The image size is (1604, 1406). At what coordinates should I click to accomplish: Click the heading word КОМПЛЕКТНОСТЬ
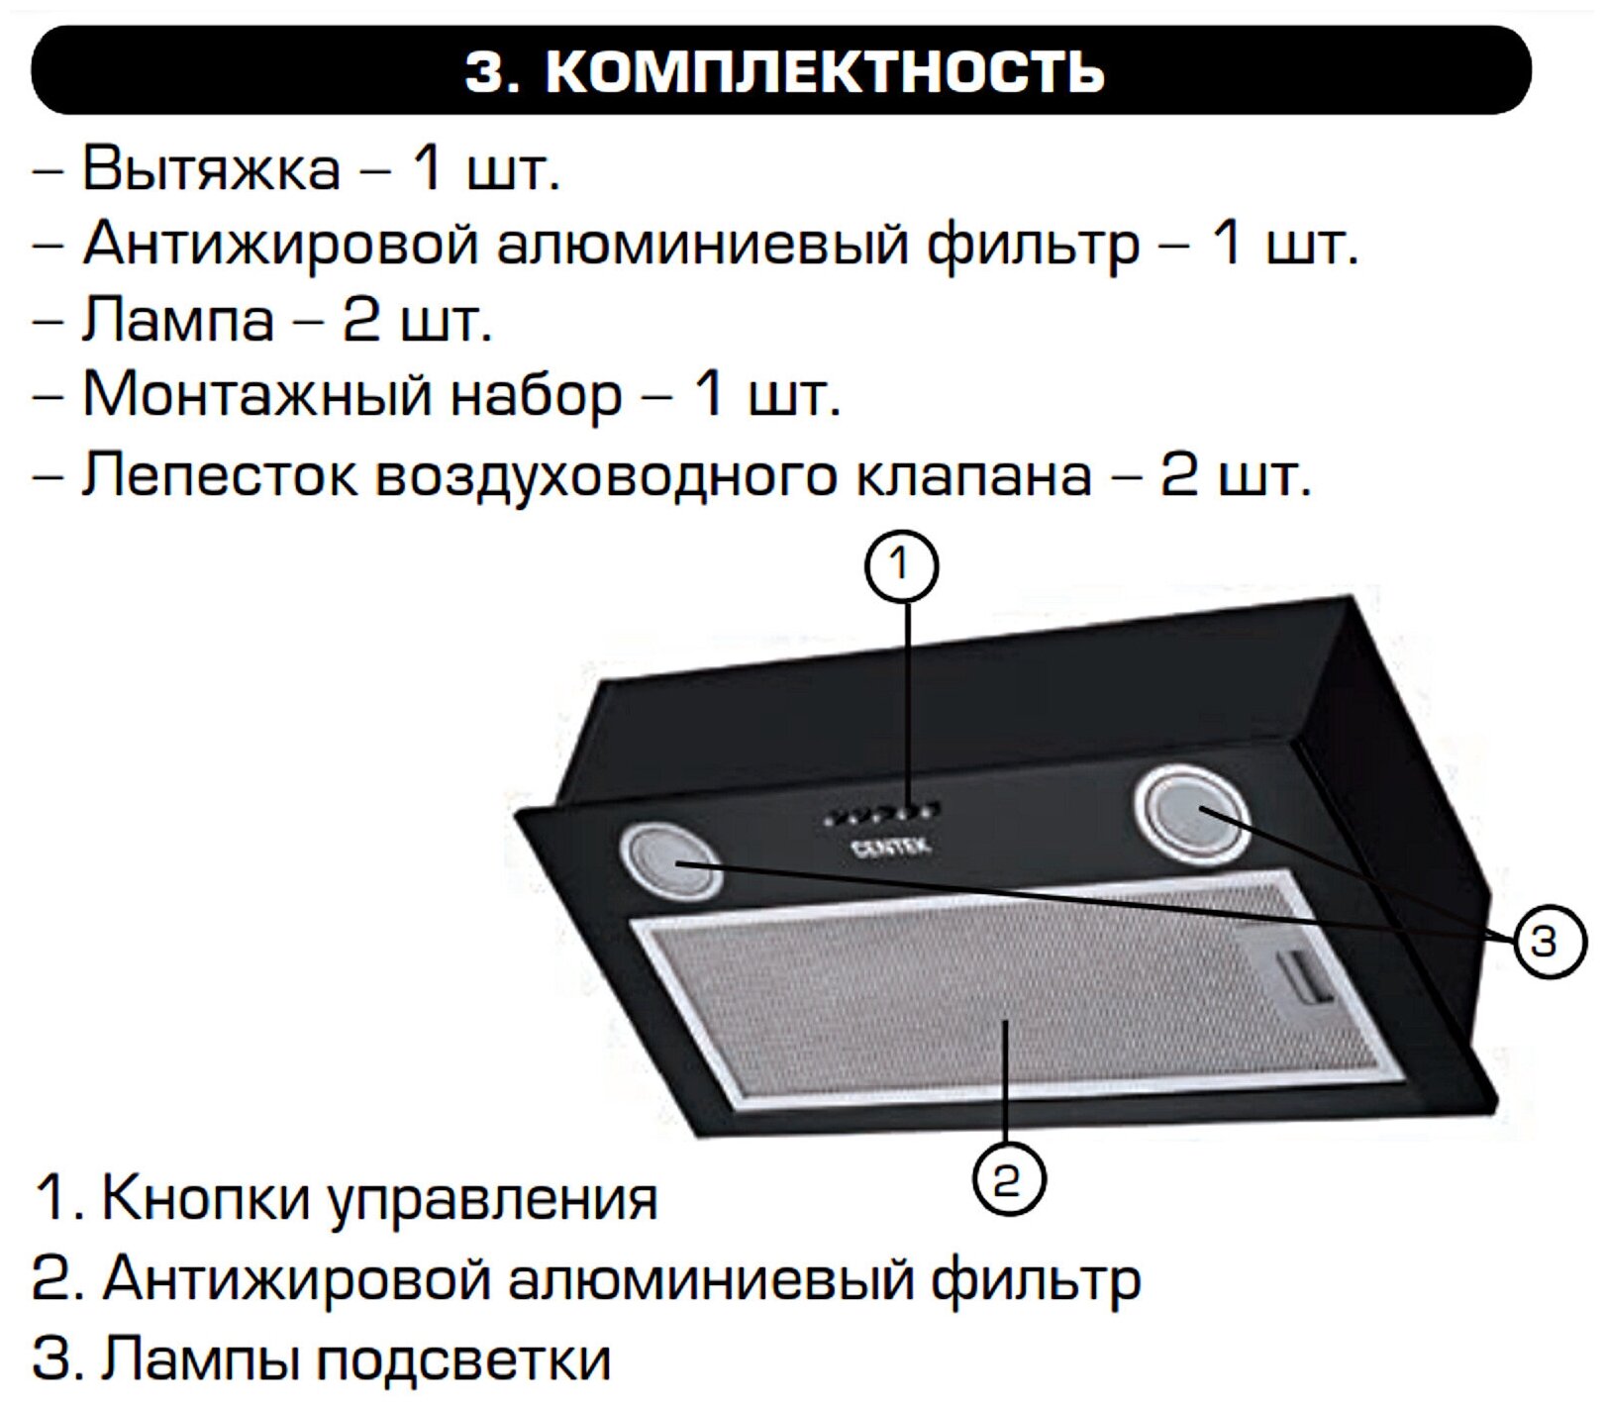tap(824, 71)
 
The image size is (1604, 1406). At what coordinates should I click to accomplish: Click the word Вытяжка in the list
tap(210, 167)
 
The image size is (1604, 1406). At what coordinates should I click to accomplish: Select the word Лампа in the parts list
tap(177, 320)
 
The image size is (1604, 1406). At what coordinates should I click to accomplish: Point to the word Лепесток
tap(219, 474)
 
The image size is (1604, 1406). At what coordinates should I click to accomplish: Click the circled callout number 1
tap(900, 566)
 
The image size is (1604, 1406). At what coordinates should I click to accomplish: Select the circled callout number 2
tap(1007, 1178)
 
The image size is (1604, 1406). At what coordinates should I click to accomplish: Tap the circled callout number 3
tap(1549, 942)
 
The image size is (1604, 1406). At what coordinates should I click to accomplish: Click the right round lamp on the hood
tap(1192, 814)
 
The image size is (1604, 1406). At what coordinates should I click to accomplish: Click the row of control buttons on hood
tap(881, 815)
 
